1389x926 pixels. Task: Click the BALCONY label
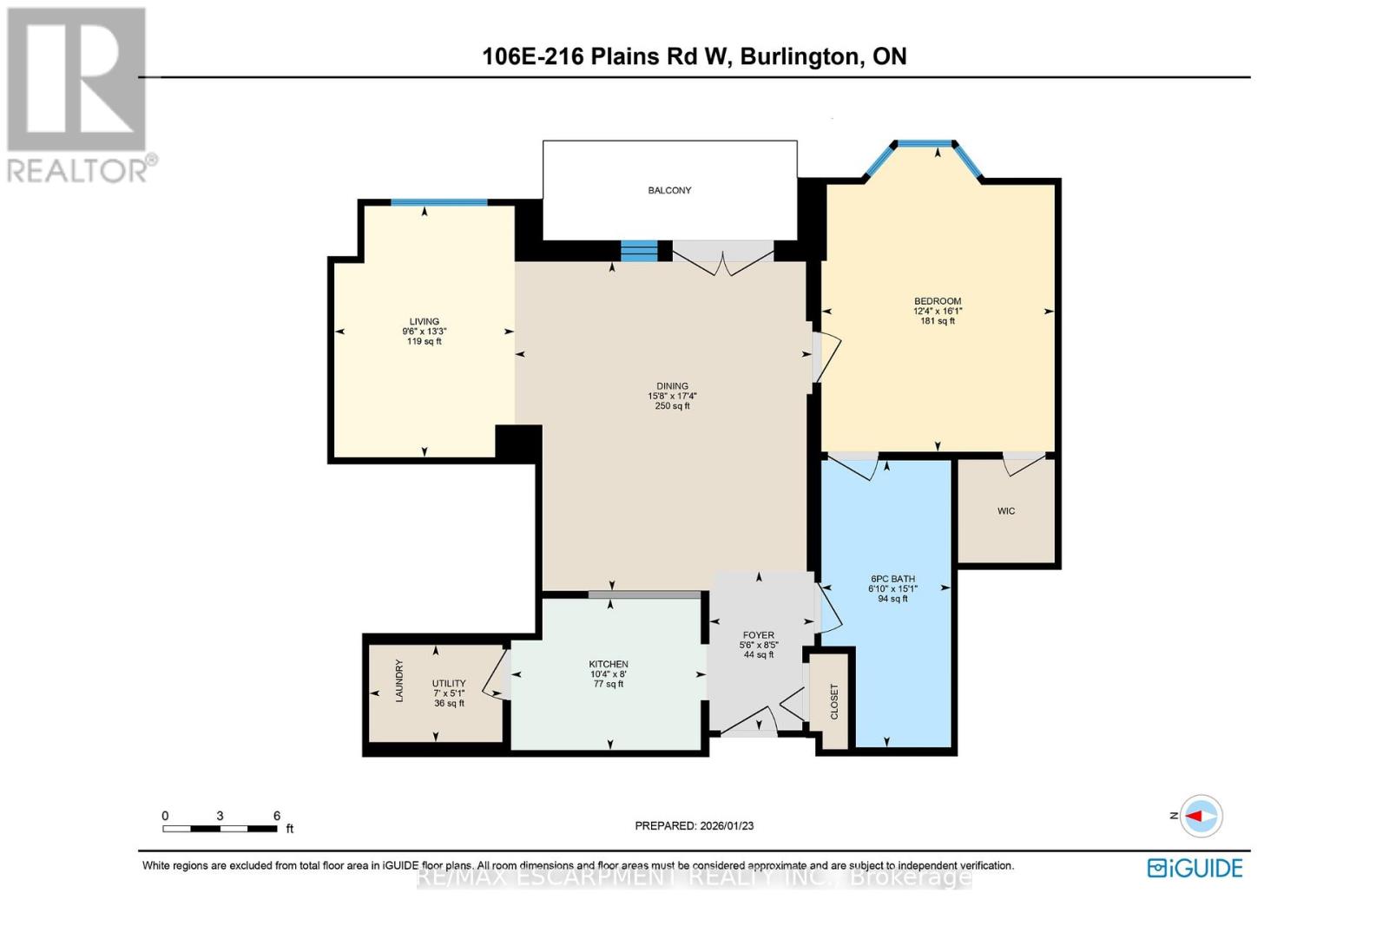tap(669, 190)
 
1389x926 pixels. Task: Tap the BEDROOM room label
tap(938, 301)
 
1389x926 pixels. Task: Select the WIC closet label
tap(1006, 511)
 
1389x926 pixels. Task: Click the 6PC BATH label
tap(892, 579)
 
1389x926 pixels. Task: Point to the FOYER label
tap(759, 635)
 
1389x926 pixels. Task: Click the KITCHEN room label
tap(609, 664)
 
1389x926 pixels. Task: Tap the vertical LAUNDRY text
tap(400, 680)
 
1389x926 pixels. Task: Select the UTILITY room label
tap(449, 683)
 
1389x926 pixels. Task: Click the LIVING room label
tap(425, 321)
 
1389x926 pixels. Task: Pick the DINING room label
tap(672, 386)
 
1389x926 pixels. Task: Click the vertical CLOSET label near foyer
tap(834, 701)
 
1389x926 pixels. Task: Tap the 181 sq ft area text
tap(938, 321)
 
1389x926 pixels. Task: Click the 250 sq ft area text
tap(672, 406)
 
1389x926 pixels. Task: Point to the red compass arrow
tap(1200, 816)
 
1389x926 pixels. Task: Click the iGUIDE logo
tap(1195, 868)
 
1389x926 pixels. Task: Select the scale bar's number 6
tap(277, 816)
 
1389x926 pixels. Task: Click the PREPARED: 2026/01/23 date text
tap(694, 826)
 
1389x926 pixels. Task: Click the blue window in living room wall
tap(438, 203)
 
